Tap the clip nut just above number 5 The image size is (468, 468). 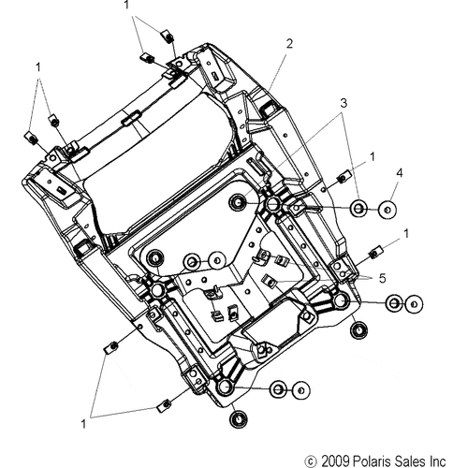(376, 252)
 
